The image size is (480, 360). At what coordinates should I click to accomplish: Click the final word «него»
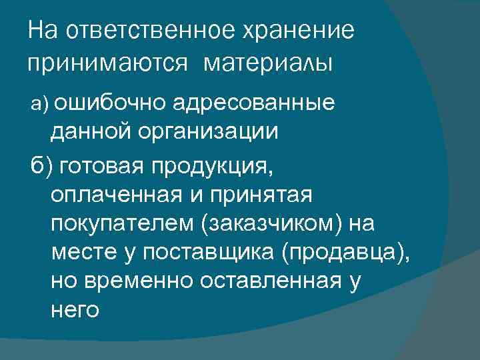click(74, 312)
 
